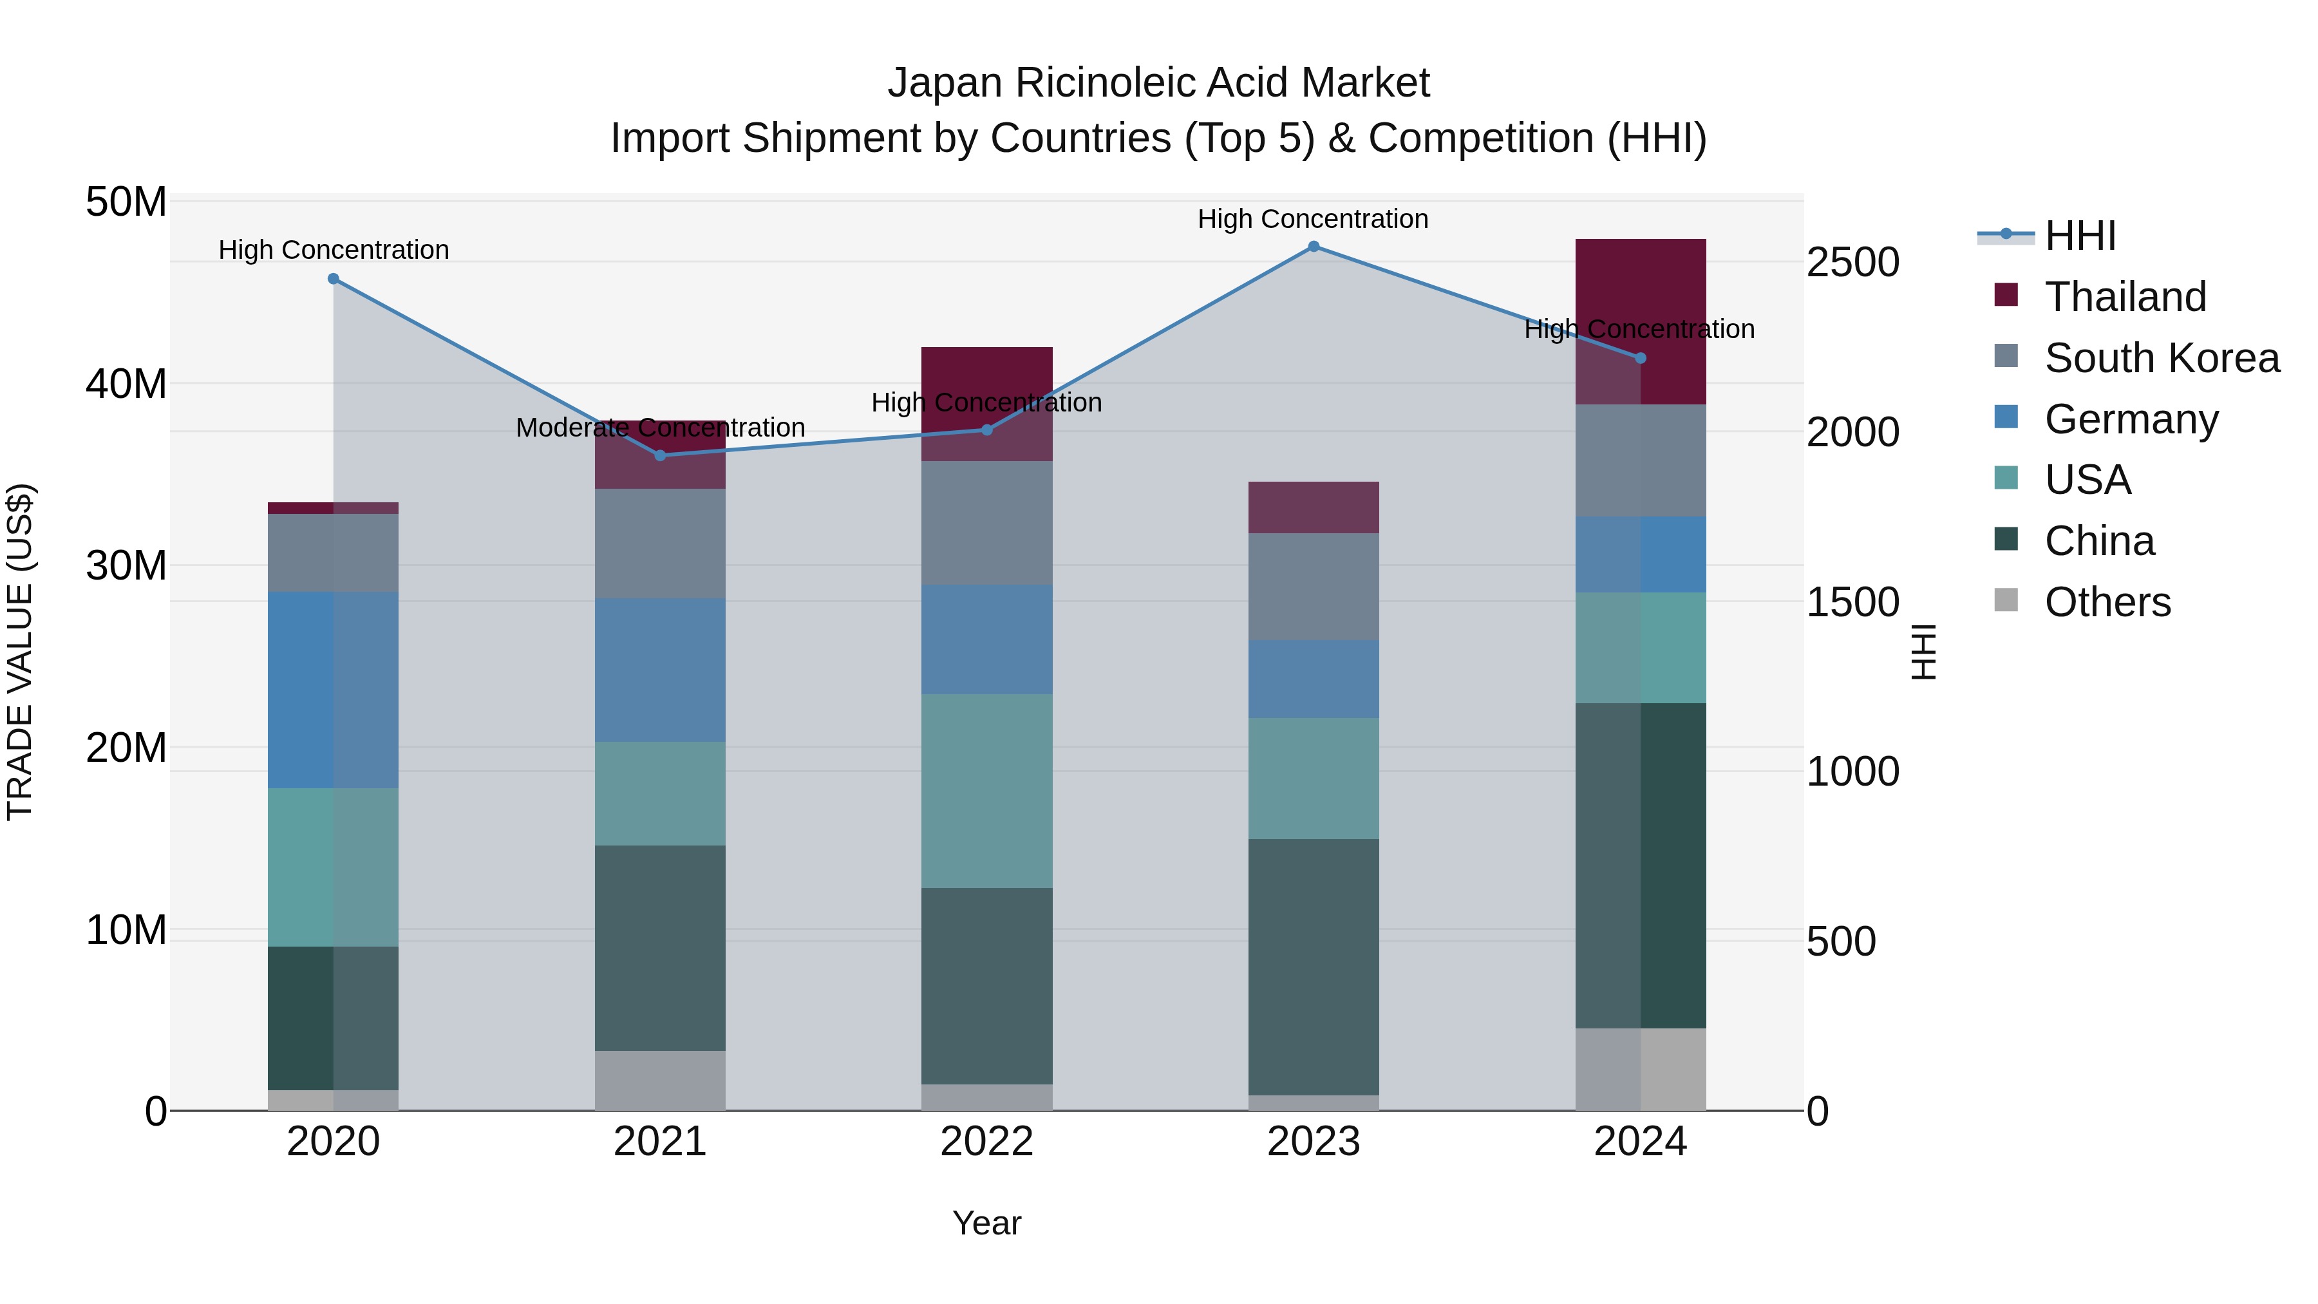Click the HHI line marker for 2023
point(1313,247)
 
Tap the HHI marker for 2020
point(333,279)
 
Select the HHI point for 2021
point(659,455)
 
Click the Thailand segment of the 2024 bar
point(1641,297)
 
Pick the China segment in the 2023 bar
point(1313,967)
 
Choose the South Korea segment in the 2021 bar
point(659,543)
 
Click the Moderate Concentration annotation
point(659,428)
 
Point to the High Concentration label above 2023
point(1313,219)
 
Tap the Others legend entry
point(2107,602)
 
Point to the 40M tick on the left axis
point(126,384)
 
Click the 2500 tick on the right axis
point(1852,263)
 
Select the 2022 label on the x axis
point(986,1142)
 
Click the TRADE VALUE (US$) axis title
point(20,652)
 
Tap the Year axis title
point(986,1223)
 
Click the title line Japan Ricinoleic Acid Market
point(1158,83)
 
